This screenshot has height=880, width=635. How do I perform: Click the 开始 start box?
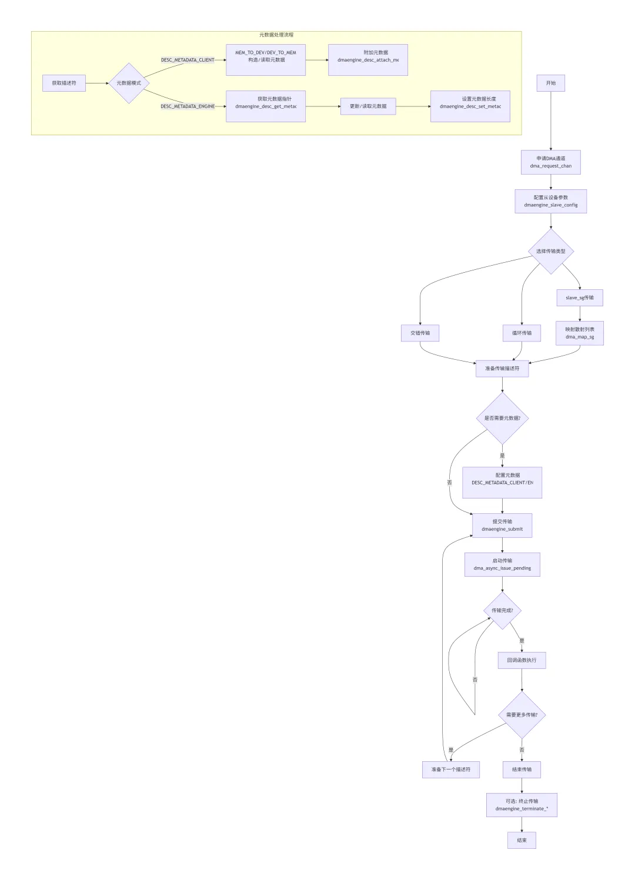550,83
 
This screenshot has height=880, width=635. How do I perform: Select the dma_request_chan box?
550,162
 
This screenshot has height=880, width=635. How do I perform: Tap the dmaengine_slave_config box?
550,201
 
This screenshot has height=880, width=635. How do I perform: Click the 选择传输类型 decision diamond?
550,252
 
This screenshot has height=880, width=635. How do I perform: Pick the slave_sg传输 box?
580,298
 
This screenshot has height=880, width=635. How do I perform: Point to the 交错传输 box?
420,333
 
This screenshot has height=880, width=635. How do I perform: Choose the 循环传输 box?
522,333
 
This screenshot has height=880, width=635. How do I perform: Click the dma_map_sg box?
580,333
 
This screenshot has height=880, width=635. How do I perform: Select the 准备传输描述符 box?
502,369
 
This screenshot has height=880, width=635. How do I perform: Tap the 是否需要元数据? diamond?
502,419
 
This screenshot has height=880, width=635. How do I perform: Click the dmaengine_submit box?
502,526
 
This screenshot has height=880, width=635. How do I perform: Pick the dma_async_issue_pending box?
502,564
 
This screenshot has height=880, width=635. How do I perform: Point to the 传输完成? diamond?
502,611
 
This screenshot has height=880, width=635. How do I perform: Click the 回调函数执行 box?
522,660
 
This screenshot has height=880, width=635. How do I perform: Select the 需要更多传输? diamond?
522,715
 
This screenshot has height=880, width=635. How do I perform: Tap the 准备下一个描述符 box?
451,769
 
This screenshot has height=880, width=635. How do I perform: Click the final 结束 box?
522,841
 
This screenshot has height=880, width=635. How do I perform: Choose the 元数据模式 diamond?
129,83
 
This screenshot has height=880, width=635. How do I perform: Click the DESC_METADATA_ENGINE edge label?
188,106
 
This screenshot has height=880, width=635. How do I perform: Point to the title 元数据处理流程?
276,35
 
